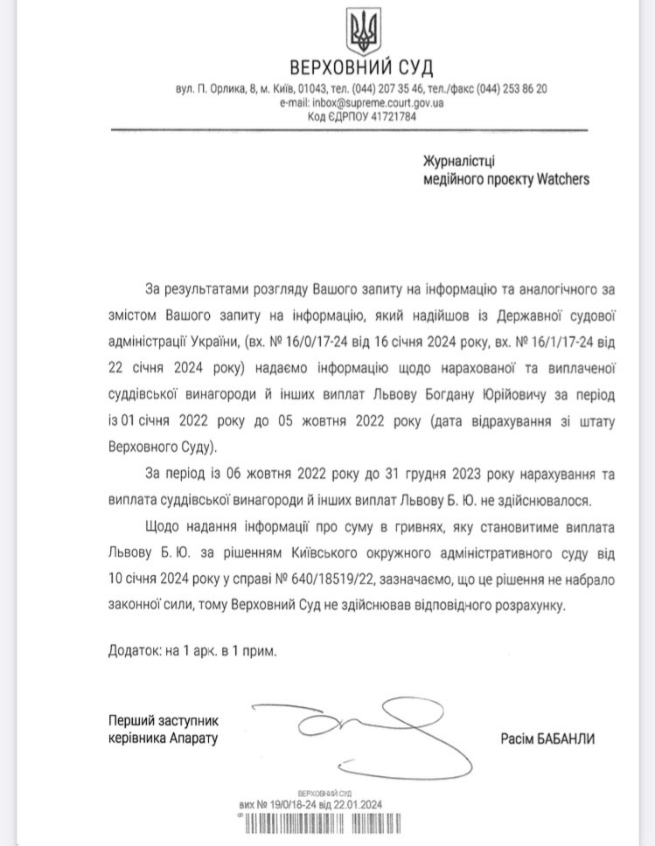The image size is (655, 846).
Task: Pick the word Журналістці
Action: pos(459,161)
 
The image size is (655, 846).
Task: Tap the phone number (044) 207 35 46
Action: pos(388,88)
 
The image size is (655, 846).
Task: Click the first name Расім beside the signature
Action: pos(516,739)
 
